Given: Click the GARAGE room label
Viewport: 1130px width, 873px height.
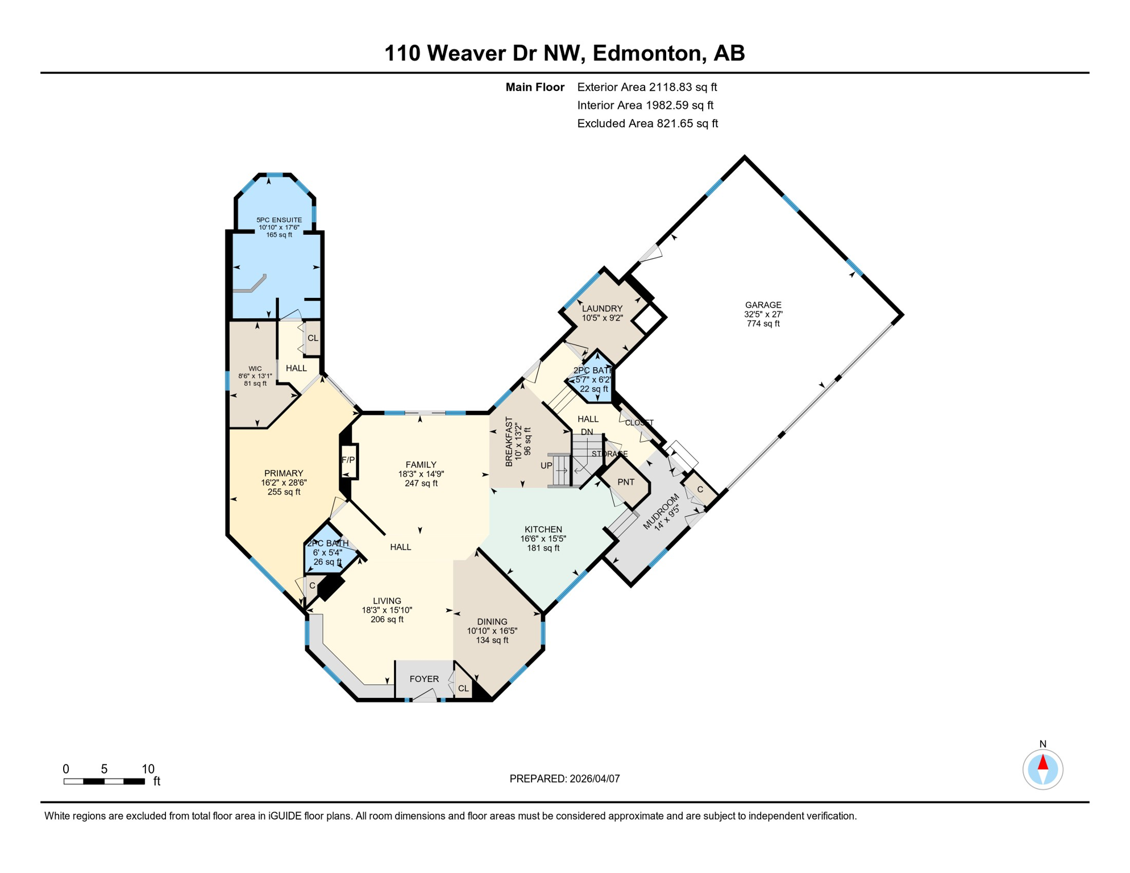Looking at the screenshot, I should pos(763,305).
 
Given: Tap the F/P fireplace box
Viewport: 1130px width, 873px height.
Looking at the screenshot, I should pos(348,460).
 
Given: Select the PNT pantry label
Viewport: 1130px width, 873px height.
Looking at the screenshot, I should pos(625,482).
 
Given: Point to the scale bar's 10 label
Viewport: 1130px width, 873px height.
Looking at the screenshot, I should pos(148,769).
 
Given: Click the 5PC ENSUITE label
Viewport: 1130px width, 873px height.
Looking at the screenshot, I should pos(279,220).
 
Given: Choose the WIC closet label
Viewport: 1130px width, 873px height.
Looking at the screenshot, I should pos(255,368).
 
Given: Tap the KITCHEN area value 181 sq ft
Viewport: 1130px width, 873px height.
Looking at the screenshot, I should pos(543,548).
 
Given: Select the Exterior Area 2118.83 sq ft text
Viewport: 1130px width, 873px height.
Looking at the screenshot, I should pos(647,87).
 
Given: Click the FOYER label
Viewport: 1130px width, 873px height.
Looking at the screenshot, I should pos(424,679).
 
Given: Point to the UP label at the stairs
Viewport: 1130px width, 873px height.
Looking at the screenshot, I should pos(546,465).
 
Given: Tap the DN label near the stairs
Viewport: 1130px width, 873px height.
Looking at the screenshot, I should pos(587,432).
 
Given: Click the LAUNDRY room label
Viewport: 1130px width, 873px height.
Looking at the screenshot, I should pos(602,309).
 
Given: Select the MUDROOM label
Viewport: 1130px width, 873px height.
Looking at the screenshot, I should pos(661,512).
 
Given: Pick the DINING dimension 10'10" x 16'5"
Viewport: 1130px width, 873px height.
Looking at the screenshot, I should pos(492,631).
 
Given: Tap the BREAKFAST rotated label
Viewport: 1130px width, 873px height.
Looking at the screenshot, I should pos(509,442).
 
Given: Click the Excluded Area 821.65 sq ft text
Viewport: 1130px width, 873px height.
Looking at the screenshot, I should pos(647,123).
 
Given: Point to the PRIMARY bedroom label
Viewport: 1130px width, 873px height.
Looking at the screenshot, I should pos(284,473).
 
